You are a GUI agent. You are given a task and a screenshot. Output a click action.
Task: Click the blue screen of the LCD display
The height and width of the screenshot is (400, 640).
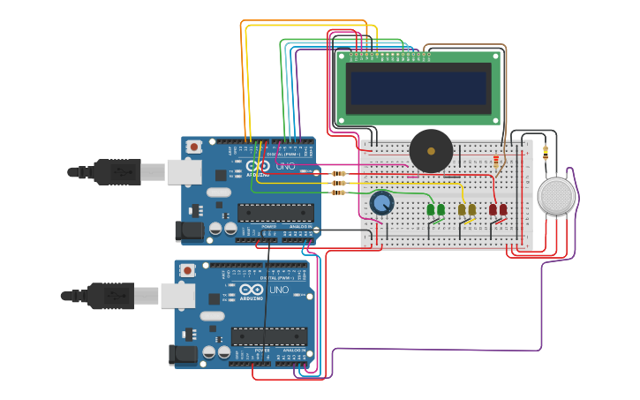[x=418, y=87]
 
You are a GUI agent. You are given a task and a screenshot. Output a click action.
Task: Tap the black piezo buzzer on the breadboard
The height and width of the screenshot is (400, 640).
[x=431, y=151]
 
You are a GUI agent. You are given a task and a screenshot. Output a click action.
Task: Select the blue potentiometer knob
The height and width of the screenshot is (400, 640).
[x=381, y=204]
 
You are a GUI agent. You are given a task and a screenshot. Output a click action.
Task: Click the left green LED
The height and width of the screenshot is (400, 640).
[x=431, y=209]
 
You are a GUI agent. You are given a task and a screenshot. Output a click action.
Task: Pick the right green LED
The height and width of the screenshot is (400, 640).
[x=441, y=209]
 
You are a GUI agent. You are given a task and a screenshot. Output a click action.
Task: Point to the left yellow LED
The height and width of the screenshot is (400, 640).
[x=462, y=209]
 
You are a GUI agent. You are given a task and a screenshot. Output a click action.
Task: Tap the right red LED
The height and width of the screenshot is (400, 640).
[x=503, y=209]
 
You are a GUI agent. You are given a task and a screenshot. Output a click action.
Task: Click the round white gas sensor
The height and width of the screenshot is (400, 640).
[x=556, y=195]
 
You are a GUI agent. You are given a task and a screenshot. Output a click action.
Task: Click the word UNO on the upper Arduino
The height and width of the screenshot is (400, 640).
[x=286, y=166]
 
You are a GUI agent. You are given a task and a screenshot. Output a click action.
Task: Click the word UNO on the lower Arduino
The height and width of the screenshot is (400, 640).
[x=279, y=290]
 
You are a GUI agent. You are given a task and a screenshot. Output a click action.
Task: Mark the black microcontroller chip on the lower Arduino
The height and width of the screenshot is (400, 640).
[x=269, y=336]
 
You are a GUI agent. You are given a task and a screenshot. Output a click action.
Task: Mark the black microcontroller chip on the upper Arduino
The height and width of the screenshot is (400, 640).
[x=275, y=212]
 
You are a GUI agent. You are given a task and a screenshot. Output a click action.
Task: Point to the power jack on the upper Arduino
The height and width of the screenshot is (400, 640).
[x=189, y=231]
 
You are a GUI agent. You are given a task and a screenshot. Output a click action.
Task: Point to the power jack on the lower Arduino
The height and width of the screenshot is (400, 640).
[x=182, y=355]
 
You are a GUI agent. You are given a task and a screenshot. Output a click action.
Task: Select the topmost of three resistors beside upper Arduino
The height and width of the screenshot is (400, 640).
[x=338, y=173]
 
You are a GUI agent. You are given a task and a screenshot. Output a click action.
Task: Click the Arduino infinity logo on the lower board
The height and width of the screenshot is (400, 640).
[x=251, y=290]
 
